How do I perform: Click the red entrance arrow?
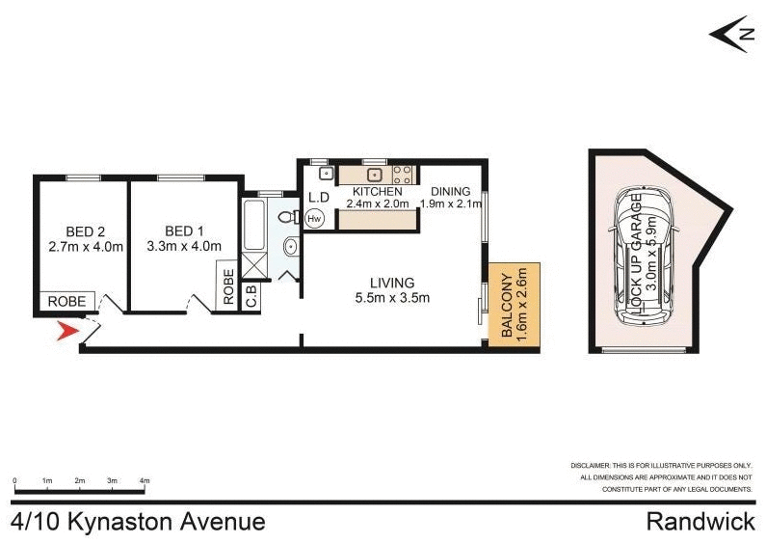pyautogui.click(x=66, y=333)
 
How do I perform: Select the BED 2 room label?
pyautogui.click(x=86, y=231)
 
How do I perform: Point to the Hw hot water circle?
pyautogui.click(x=314, y=219)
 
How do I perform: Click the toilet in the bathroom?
pyautogui.click(x=285, y=219)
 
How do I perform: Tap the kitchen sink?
pyautogui.click(x=375, y=175)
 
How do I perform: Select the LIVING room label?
pyautogui.click(x=393, y=283)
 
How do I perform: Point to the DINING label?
pyautogui.click(x=450, y=191)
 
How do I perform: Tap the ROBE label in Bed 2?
pyautogui.click(x=68, y=302)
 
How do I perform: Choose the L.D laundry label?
pyautogui.click(x=319, y=197)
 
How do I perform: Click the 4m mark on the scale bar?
pyautogui.click(x=145, y=480)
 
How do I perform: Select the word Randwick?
pyautogui.click(x=700, y=522)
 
